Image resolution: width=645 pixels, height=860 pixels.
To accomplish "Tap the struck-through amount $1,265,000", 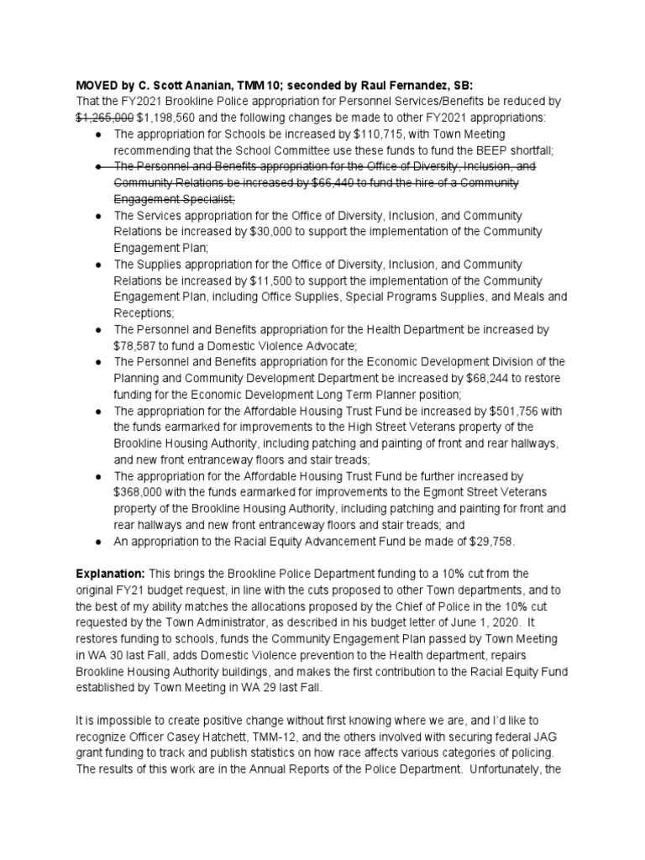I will click(104, 118).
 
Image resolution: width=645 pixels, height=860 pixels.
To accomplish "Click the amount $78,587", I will click(139, 344).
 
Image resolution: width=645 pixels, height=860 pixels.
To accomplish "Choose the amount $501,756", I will click(513, 411).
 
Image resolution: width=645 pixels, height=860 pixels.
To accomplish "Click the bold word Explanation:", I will click(110, 573).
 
